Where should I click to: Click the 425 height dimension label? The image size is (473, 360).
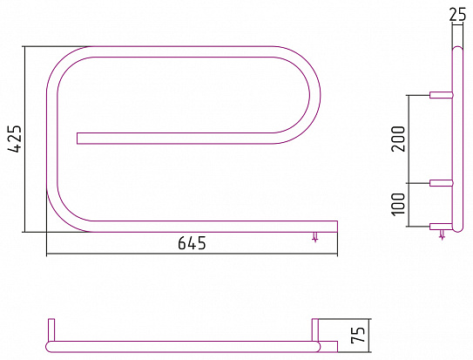(x=15, y=139)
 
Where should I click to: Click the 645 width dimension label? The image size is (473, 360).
(x=193, y=243)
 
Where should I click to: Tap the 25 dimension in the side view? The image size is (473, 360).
(x=457, y=14)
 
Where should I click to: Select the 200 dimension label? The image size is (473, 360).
(x=398, y=139)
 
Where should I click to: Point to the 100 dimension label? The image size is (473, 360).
(x=398, y=204)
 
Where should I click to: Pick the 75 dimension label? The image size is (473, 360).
(x=358, y=335)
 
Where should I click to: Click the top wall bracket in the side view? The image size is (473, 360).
(x=442, y=95)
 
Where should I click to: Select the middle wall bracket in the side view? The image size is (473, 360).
(x=442, y=183)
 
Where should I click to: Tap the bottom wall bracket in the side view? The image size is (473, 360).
(x=441, y=227)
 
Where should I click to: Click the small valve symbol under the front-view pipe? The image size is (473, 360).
(x=315, y=237)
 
